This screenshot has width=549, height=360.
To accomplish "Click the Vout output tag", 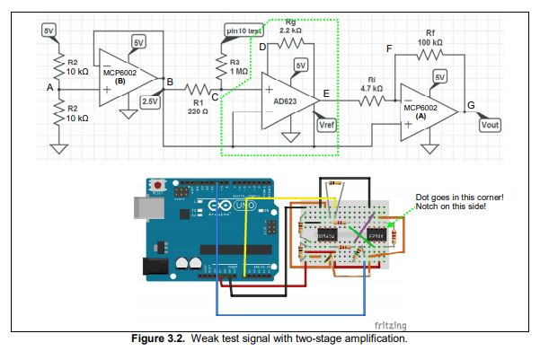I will click(x=490, y=125).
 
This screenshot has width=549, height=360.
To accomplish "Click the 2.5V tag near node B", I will click(x=151, y=101).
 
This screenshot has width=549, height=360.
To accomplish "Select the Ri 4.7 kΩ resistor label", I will click(x=371, y=83).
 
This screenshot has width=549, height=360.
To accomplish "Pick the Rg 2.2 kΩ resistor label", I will click(x=289, y=25).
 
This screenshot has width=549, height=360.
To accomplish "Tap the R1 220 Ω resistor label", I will click(x=198, y=107).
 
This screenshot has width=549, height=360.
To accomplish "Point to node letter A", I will click(x=50, y=88).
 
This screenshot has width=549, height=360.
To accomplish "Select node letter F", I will click(x=388, y=47).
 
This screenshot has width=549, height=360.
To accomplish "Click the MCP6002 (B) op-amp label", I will click(x=120, y=75).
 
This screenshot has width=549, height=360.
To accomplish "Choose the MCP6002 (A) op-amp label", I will click(x=421, y=110).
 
